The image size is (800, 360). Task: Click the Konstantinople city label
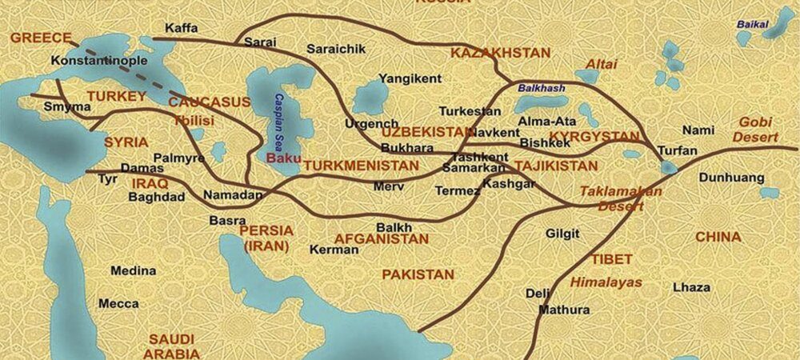[88, 60]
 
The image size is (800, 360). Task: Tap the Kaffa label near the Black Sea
[180, 27]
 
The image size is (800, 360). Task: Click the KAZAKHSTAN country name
[500, 53]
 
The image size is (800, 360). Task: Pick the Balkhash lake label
[543, 88]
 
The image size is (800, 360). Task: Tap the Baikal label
[751, 24]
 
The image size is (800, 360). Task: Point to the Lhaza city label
[691, 286]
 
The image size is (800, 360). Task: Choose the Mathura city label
[564, 310]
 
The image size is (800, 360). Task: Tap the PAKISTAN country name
[418, 274]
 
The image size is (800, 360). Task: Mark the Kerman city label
[334, 250]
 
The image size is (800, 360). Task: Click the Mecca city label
[118, 304]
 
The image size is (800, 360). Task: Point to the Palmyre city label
[178, 158]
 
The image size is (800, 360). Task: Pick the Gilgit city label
[562, 234]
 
